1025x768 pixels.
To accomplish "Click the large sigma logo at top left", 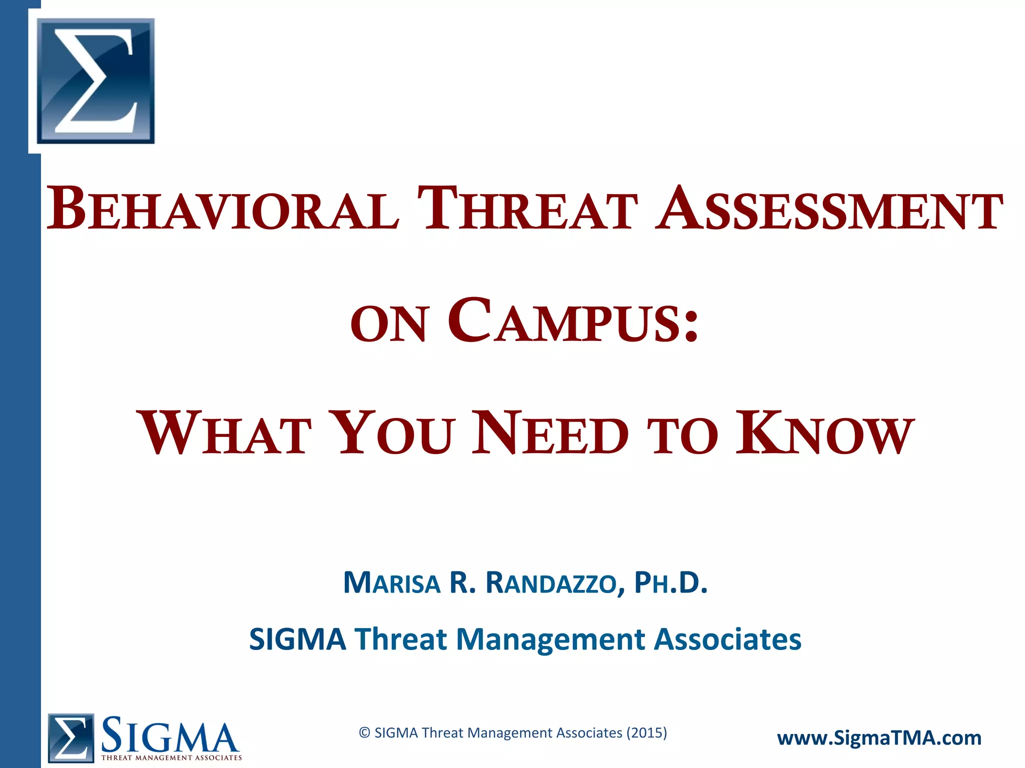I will tap(96, 81).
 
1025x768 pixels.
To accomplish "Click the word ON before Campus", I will tap(389, 324).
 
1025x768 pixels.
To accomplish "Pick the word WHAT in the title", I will tap(226, 432).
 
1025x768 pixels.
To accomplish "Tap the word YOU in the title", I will tap(394, 432).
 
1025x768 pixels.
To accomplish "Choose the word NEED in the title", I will tap(551, 432).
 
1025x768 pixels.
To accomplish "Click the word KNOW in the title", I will tap(825, 432).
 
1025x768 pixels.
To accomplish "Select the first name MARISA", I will tap(392, 583).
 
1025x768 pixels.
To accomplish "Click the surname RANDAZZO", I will tap(551, 583).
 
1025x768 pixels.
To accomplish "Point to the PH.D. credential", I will tap(671, 583).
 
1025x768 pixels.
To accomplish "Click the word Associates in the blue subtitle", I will tap(728, 639).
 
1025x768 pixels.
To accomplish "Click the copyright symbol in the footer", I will tap(365, 733).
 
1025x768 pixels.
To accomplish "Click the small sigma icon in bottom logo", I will tap(71, 737).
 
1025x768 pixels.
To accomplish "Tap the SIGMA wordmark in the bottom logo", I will tap(170, 734).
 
